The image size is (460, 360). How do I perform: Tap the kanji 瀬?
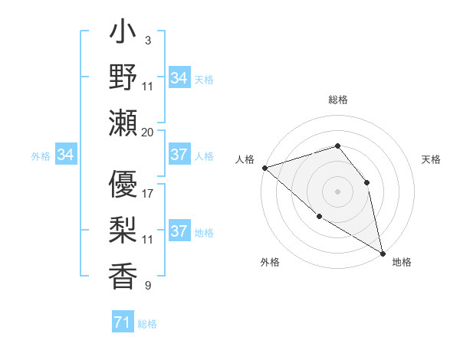[123, 123]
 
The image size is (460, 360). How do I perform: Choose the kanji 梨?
[123, 231]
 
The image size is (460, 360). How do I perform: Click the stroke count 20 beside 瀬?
[148, 132]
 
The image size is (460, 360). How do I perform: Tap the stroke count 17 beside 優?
[148, 194]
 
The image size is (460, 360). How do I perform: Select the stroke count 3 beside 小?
[147, 40]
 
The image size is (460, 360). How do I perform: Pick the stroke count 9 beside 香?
[147, 286]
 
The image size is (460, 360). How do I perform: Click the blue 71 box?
[122, 323]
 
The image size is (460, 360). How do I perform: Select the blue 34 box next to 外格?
[65, 155]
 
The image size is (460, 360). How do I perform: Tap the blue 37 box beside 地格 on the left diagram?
[179, 232]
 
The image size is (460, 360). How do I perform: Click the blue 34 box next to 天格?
[179, 78]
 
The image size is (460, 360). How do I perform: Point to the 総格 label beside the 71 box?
[147, 324]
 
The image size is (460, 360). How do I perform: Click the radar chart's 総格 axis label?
[337, 100]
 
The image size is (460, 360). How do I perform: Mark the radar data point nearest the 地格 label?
[383, 252]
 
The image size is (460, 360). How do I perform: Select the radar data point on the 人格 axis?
[264, 167]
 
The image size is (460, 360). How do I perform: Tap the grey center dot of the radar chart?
[337, 191]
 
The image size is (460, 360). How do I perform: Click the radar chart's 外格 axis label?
[270, 262]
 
